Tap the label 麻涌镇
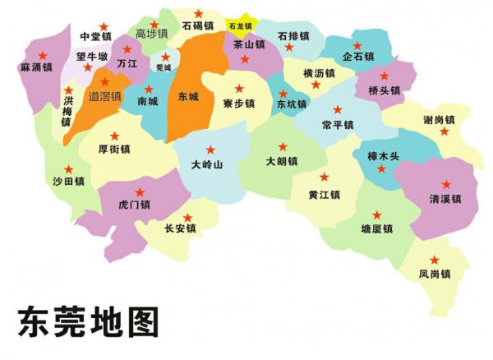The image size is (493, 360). point(36,67)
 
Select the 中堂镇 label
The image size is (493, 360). point(96,37)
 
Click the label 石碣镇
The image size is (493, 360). point(198,25)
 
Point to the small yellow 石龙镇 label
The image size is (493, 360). point(241,26)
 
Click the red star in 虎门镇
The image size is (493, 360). point(139,193)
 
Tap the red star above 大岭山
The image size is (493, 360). point(211,150)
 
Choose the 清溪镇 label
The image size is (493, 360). point(445,199)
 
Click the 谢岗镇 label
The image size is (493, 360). point(439,120)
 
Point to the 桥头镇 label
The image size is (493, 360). point(385,90)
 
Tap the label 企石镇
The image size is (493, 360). point(358,57)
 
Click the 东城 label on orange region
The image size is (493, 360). point(188,97)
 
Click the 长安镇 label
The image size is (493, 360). point(180,229)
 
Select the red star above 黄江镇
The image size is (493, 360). point(325,178)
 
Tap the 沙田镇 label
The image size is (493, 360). point(69,181)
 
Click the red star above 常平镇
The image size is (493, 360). point(338,109)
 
